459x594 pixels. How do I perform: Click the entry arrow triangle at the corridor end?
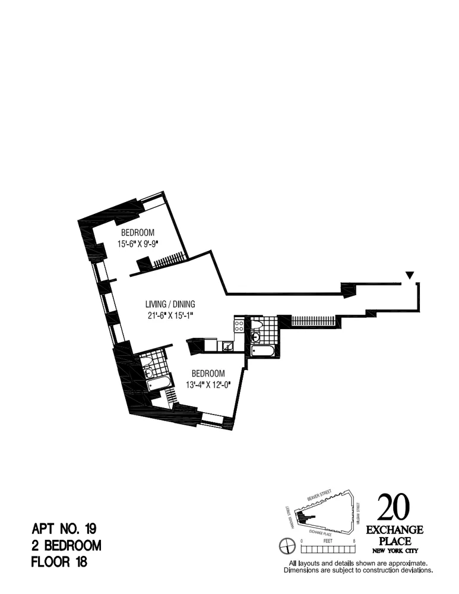[x=409, y=275]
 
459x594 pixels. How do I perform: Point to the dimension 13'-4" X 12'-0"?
[x=207, y=384]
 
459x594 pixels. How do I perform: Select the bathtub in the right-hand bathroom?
[x=262, y=352]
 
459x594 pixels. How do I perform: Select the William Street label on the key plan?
[x=359, y=511]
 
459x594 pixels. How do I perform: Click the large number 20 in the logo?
[x=393, y=508]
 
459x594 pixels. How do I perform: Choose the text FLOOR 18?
[x=59, y=561]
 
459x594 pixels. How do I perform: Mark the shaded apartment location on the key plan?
[x=308, y=516]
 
